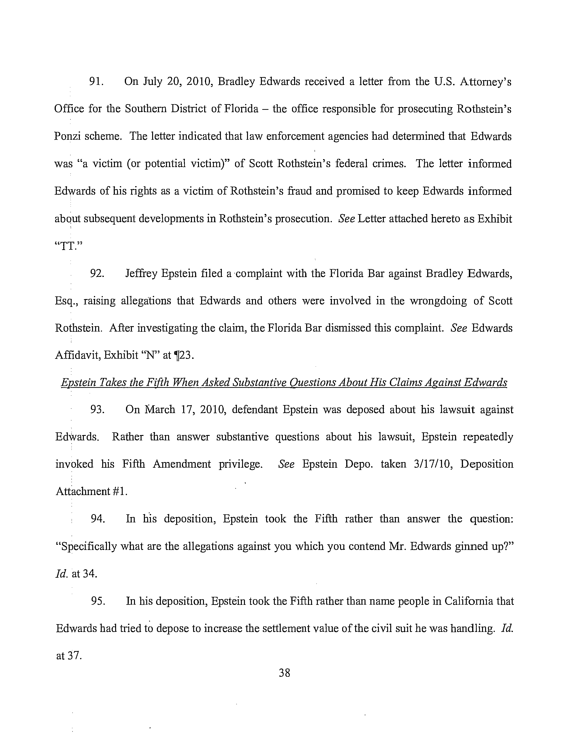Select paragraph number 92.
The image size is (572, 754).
click(97, 274)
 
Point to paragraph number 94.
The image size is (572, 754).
click(97, 519)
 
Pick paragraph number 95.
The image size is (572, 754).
click(98, 601)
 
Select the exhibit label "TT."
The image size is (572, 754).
click(69, 246)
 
